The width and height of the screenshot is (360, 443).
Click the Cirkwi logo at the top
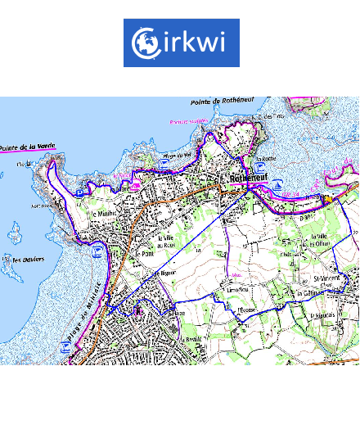click(x=181, y=43)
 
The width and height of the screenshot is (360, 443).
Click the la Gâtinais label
click(x=312, y=293)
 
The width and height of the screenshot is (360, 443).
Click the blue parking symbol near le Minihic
click(x=97, y=248)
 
